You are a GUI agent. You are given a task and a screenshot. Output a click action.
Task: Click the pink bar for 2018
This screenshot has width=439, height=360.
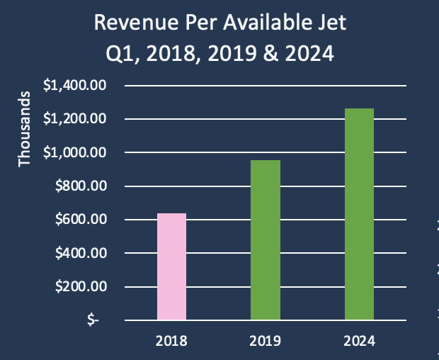point(171,266)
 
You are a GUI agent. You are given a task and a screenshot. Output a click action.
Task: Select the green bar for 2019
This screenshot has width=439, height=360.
point(265,240)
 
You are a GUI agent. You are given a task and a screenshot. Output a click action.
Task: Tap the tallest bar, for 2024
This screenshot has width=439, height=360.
point(359,214)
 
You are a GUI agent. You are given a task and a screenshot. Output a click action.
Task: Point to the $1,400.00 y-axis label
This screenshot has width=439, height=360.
point(74,86)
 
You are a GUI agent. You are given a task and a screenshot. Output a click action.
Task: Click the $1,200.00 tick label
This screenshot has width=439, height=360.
point(74,119)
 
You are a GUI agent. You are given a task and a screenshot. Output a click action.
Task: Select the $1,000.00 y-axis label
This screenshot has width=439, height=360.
point(74,152)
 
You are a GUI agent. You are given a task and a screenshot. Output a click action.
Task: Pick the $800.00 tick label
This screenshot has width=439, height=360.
point(79,186)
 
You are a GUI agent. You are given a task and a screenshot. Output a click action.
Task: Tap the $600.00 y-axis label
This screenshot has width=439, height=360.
point(79,220)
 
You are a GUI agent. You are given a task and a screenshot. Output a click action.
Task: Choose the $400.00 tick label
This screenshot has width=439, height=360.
point(79,253)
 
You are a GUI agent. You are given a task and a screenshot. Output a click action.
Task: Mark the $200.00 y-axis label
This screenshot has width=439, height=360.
point(79,287)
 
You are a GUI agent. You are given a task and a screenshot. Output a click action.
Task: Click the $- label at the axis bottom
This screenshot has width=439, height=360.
point(93,320)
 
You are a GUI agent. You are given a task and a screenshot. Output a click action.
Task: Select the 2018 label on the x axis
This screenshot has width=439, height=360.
point(171,341)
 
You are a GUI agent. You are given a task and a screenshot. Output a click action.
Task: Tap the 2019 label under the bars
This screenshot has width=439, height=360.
point(265,341)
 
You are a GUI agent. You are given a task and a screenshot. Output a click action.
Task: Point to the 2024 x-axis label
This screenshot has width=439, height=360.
point(359,341)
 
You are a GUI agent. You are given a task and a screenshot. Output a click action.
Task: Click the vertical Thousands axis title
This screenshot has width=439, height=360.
point(25,129)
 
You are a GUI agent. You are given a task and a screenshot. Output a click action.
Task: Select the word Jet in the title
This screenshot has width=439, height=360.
point(333,24)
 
